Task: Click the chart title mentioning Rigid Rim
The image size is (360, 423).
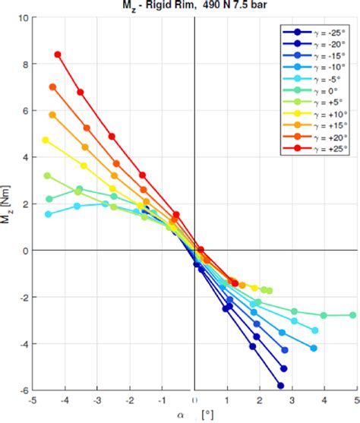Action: (x=194, y=6)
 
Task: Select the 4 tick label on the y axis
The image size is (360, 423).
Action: (x=24, y=157)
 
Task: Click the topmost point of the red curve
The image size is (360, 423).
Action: (x=58, y=55)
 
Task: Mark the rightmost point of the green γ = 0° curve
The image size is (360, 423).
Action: (x=352, y=315)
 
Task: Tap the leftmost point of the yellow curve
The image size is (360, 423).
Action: (x=46, y=140)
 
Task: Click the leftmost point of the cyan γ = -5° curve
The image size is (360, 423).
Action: (x=49, y=214)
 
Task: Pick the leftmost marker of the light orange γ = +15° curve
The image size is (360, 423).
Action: (x=52, y=115)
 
